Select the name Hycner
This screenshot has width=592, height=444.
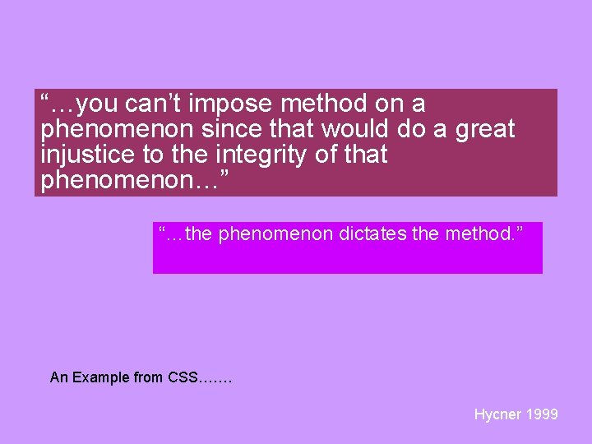tap(497, 414)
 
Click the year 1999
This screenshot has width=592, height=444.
tap(541, 414)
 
